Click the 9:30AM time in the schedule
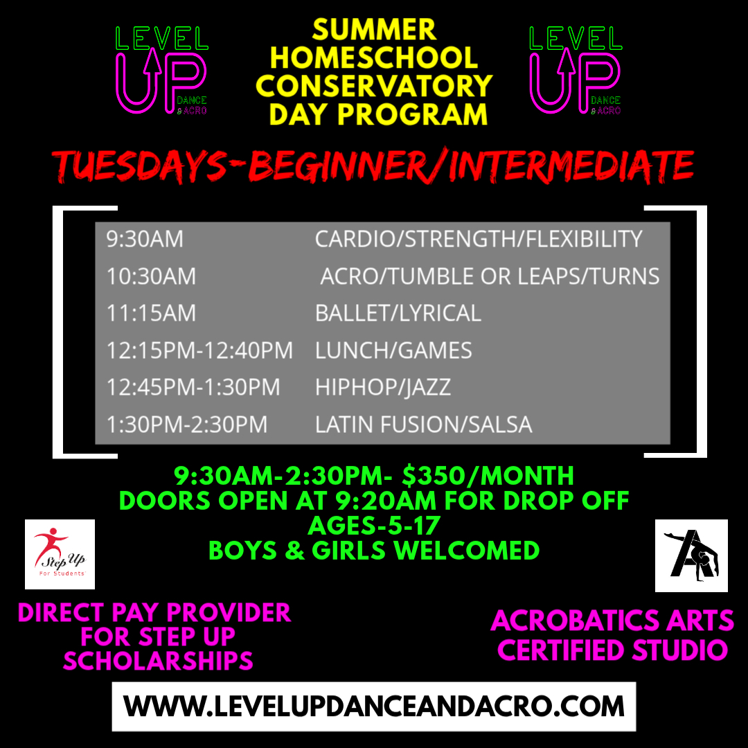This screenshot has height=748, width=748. (x=145, y=240)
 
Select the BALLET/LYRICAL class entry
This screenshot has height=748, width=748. (x=398, y=313)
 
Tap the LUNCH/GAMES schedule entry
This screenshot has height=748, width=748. (x=393, y=350)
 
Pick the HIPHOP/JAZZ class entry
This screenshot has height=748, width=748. (x=383, y=387)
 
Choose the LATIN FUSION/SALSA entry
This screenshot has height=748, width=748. (x=423, y=424)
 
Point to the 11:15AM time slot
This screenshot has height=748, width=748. (x=151, y=313)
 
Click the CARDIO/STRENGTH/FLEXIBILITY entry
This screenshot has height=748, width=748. (x=479, y=240)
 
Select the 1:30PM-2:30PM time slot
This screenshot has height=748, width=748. (x=186, y=424)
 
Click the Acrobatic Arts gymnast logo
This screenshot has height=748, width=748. (x=691, y=555)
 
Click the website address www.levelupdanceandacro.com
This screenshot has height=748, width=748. (x=374, y=706)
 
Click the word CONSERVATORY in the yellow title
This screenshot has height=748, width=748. (x=374, y=86)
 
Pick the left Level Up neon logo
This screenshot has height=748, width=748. (x=161, y=69)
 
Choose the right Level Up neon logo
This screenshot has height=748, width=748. (x=575, y=69)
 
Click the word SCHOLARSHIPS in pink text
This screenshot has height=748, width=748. (x=158, y=661)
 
